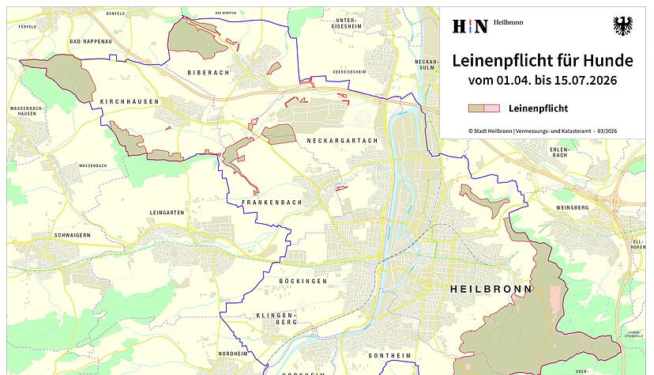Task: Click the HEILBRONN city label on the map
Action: [490, 289]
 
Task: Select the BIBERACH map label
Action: [208, 72]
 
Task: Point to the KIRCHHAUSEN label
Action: [130, 102]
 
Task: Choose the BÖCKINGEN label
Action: [303, 281]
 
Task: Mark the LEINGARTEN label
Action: [167, 213]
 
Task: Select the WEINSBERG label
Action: [573, 207]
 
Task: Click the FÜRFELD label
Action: [28, 27]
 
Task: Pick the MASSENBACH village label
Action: [92, 166]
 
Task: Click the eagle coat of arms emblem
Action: [622, 26]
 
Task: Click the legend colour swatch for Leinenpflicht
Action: [483, 108]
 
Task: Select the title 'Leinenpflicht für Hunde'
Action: [542, 60]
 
